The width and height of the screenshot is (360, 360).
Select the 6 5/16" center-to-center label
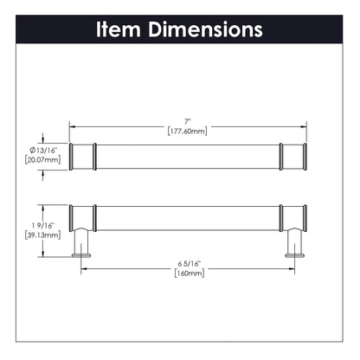[x=187, y=264]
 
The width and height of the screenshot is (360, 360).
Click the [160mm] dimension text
[x=187, y=274]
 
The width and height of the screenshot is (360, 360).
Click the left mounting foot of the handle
[x=83, y=250]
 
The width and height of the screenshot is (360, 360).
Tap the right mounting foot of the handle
[x=292, y=250]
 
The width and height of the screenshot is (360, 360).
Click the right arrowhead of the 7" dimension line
[x=303, y=125]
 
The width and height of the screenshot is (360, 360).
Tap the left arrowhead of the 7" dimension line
[x=73, y=125]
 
